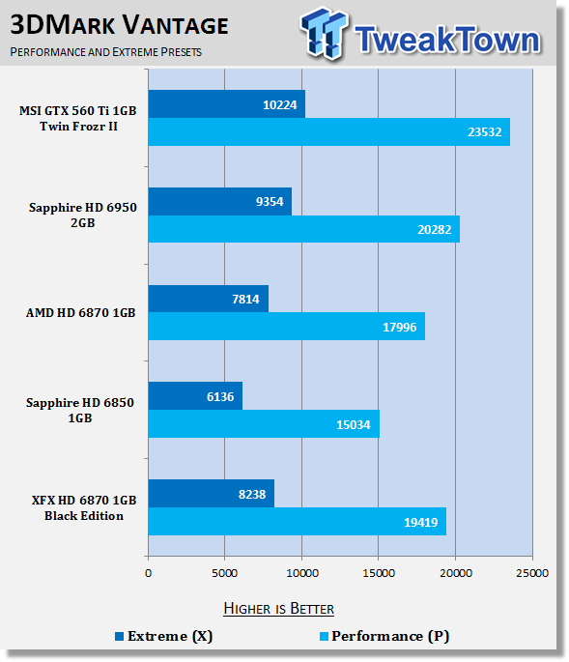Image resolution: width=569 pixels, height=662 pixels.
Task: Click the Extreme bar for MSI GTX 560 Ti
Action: (x=227, y=103)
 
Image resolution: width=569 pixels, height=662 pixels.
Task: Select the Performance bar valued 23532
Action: (x=329, y=131)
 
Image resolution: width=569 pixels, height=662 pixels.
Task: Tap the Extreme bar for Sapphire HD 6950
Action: (x=220, y=201)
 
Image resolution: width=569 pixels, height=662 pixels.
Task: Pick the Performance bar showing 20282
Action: (x=304, y=229)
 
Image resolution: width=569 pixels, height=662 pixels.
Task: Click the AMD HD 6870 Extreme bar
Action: (x=209, y=299)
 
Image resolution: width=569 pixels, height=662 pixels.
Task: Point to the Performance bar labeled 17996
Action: (x=287, y=327)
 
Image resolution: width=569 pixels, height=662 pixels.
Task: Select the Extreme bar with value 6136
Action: (x=195, y=396)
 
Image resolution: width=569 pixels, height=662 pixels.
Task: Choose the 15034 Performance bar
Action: (x=264, y=423)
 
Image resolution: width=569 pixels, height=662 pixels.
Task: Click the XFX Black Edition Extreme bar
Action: (x=212, y=494)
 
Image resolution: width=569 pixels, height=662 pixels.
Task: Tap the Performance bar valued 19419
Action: (x=298, y=522)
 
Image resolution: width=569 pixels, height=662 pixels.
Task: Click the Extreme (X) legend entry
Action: (x=164, y=636)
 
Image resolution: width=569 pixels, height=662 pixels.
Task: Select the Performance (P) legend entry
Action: (x=384, y=636)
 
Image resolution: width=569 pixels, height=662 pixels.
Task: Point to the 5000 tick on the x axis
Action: (x=224, y=573)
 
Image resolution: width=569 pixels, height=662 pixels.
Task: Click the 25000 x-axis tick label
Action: (x=532, y=573)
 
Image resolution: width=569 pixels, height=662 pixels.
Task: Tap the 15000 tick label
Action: (x=379, y=573)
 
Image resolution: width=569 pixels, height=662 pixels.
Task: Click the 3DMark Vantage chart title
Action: (x=119, y=25)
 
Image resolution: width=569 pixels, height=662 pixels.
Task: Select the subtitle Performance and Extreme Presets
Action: (x=106, y=52)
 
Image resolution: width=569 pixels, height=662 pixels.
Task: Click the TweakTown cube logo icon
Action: (x=325, y=33)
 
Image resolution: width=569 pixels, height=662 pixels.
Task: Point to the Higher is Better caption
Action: (x=278, y=609)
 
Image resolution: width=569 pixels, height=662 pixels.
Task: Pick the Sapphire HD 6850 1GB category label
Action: (x=80, y=410)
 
